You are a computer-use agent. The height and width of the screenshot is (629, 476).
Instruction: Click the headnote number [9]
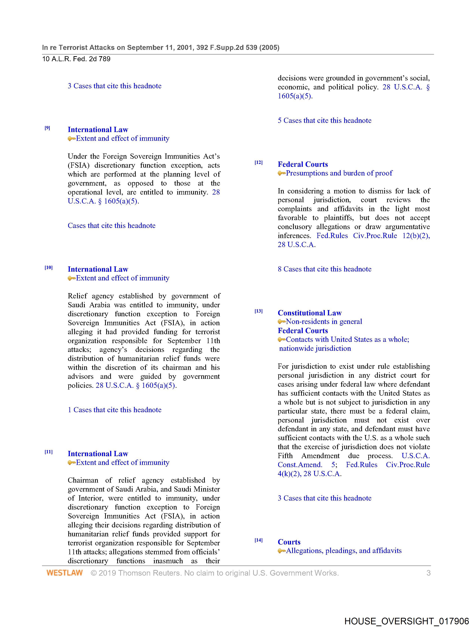pos(47,128)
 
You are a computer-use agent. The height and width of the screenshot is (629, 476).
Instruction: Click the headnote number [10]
pos(48,268)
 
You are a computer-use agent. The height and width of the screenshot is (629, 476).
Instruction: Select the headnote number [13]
pos(259,311)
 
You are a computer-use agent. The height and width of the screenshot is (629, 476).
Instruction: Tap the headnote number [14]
pos(259,540)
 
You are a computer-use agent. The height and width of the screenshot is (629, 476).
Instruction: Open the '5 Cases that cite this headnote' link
pos(324,121)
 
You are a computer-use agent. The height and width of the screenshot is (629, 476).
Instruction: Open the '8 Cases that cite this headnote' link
pos(324,269)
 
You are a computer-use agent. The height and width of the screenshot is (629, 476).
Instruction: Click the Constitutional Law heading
pos(310,313)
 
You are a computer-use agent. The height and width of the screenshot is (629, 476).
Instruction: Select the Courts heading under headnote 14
pos(289,542)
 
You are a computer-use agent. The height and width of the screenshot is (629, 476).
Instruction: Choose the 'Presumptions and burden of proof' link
pos(339,173)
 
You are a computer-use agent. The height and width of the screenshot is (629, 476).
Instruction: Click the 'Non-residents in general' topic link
pos(324,322)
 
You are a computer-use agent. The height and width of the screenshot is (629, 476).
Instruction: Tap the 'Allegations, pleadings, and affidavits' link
pos(343,551)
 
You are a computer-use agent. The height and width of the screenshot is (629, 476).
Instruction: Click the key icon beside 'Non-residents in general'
pos(281,322)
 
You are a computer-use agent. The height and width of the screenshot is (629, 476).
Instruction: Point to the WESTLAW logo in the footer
pos(65,573)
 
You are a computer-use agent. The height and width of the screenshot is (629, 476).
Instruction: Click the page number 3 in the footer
pos(428,573)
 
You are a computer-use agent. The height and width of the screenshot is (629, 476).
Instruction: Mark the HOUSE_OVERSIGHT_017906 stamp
pos(406,621)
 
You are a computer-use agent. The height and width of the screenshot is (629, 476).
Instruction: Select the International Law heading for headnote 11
pos(98,454)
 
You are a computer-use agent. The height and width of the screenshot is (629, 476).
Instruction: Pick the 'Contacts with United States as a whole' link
pos(347,340)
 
